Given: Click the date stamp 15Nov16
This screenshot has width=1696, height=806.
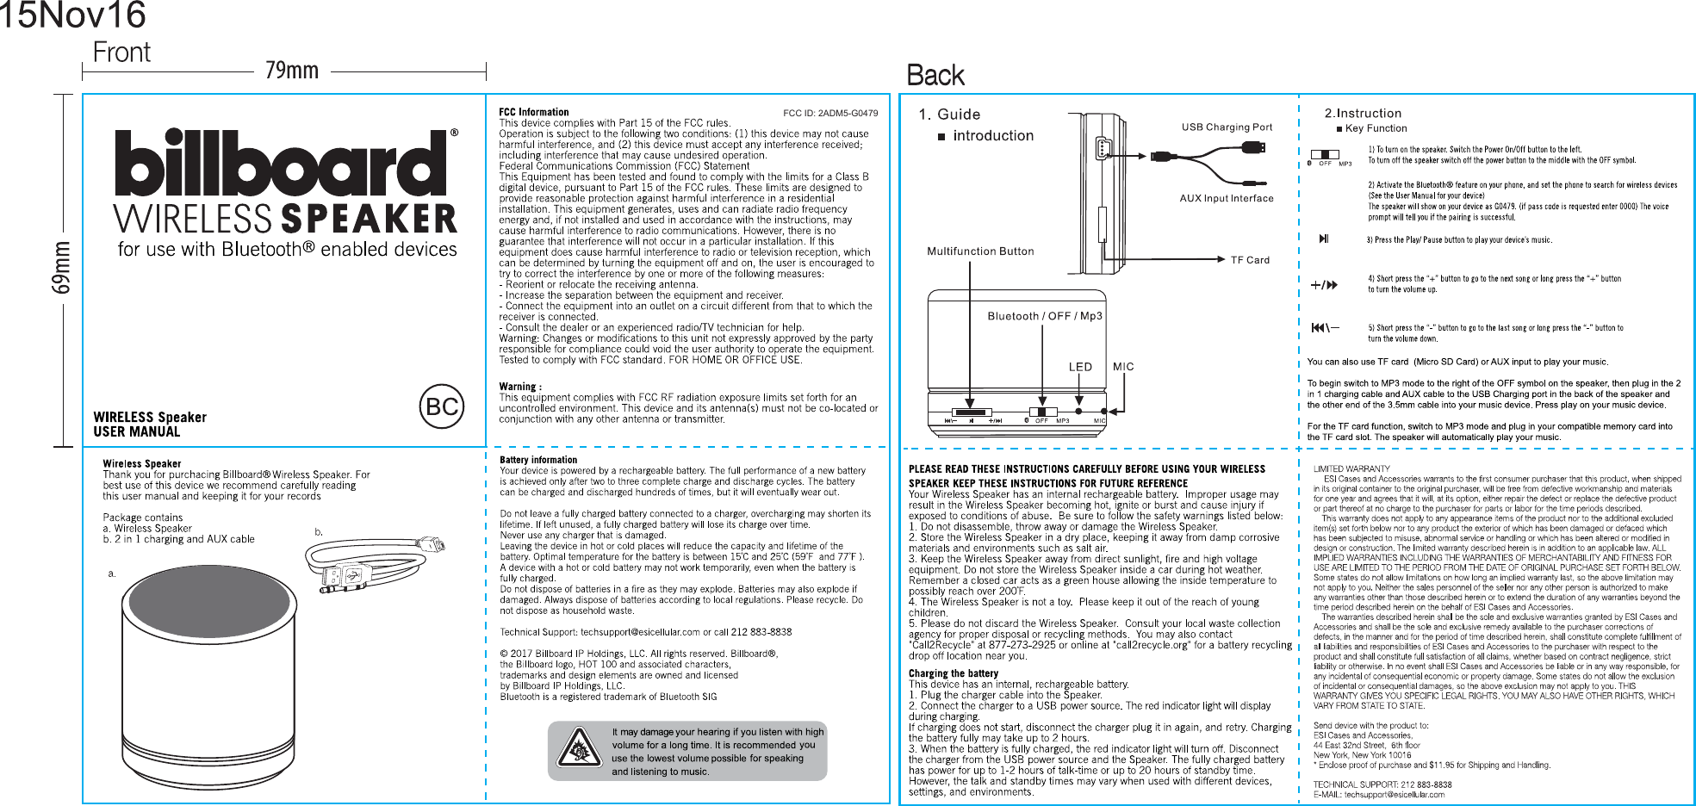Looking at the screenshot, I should point(72,15).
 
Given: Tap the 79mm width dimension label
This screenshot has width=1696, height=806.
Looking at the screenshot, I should point(291,71).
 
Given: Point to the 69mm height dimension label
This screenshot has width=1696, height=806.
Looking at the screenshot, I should point(62,268).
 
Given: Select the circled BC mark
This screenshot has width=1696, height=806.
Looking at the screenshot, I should point(442,406).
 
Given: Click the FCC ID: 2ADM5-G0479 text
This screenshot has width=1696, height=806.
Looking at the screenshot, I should point(830,113).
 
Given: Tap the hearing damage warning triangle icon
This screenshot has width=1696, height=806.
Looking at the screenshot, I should point(579,748).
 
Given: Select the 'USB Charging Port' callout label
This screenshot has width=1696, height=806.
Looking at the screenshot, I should point(1227,127).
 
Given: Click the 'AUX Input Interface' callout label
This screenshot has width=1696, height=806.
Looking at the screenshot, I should point(1227,198).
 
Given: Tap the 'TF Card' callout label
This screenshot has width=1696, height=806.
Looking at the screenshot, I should point(1250,260).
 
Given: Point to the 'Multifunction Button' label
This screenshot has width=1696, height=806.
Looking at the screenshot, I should point(980,251).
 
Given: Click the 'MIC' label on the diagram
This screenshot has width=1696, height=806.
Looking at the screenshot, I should point(1123,367).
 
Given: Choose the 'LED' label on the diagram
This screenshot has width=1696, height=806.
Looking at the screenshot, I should point(1080,367).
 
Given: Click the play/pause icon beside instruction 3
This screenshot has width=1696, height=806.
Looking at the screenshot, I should point(1324,239).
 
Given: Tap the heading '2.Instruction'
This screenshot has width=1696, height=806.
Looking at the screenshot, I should point(1363,114).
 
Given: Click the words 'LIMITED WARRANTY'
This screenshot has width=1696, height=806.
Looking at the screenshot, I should point(1351,469).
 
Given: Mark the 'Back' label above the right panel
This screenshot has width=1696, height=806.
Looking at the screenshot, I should point(935,76).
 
